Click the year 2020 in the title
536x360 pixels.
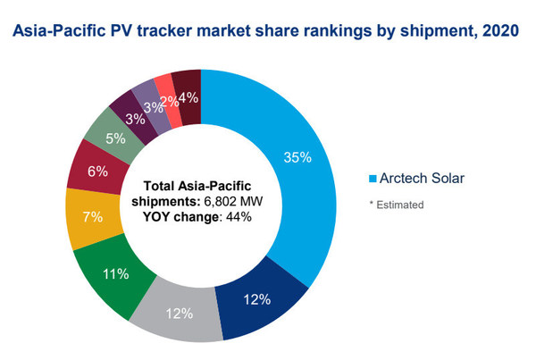501,32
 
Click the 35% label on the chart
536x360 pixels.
297,157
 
